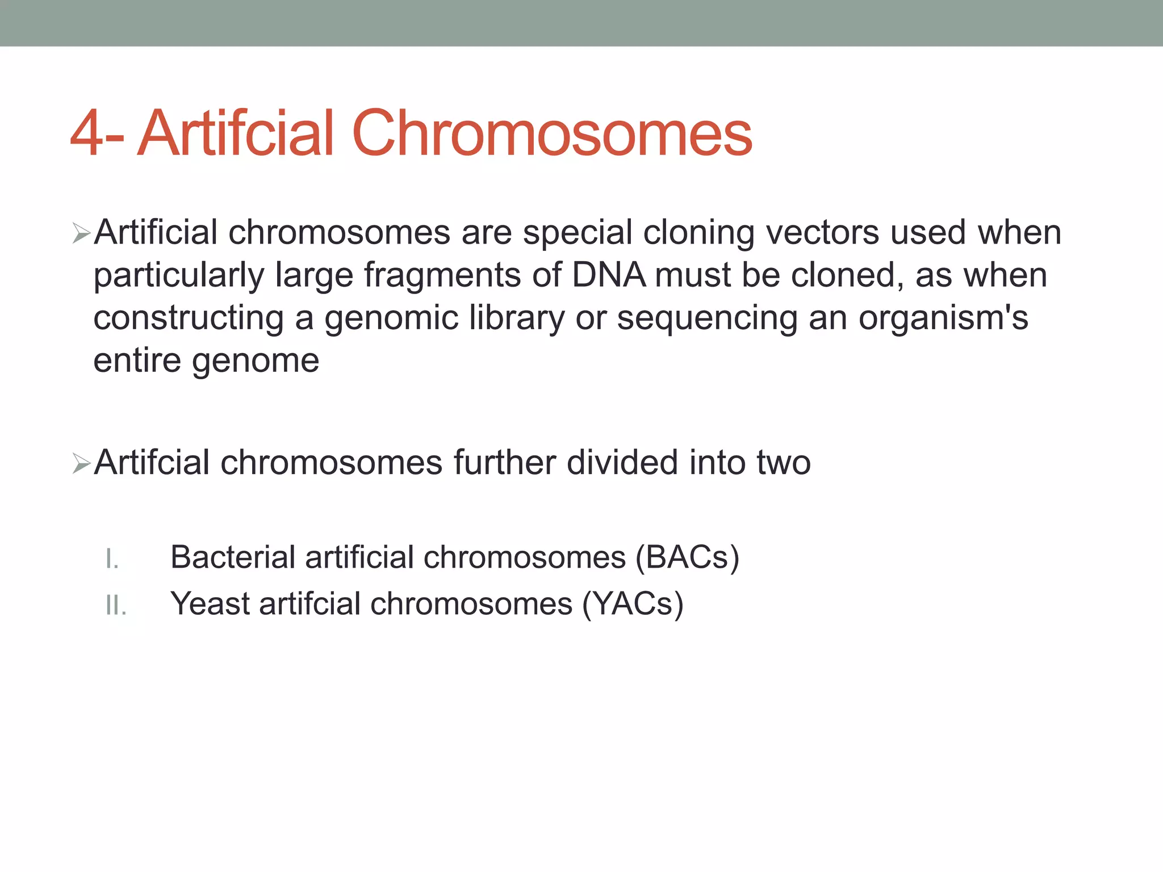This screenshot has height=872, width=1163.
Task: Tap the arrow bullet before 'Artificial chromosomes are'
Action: coord(81,233)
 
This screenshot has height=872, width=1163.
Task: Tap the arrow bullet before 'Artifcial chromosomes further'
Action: coord(81,463)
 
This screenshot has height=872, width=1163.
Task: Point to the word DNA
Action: coord(608,275)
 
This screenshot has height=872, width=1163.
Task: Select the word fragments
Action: coord(442,275)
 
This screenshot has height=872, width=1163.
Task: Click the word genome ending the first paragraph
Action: coord(256,361)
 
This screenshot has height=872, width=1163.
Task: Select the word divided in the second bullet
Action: coord(622,462)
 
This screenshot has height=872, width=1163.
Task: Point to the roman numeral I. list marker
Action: coord(112,560)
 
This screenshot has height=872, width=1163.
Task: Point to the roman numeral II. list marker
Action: coord(116,606)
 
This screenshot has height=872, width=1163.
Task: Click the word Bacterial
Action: coord(232,557)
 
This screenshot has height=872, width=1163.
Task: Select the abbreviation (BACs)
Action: coord(687,557)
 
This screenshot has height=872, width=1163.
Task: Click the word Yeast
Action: coord(210,603)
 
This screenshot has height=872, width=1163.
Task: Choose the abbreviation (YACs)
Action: coord(633,604)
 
